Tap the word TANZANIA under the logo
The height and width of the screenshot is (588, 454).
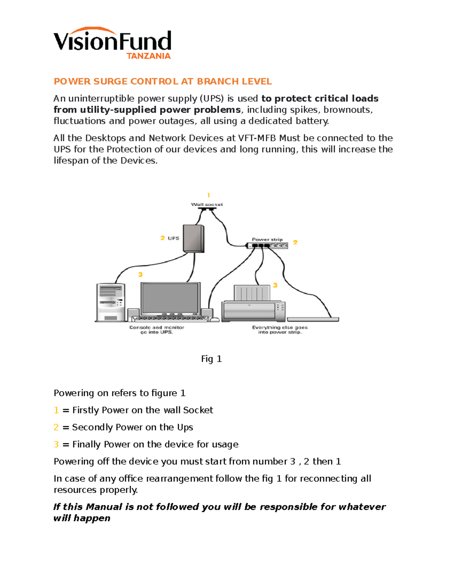[148, 56]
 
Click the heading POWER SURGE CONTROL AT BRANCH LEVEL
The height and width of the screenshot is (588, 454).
[163, 81]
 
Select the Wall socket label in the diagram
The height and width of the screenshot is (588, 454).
[207, 204]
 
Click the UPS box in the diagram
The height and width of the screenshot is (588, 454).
[193, 239]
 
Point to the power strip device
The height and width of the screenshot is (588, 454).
[267, 246]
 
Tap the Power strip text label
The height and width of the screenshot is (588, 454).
[267, 239]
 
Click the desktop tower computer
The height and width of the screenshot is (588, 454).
[110, 302]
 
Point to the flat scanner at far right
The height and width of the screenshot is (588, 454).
[313, 320]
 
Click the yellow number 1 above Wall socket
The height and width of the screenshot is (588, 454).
[208, 195]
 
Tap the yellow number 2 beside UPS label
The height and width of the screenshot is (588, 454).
[162, 238]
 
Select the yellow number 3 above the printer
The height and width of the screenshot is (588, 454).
[275, 285]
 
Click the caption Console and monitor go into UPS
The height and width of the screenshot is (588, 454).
[157, 330]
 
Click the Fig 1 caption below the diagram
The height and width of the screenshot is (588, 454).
[211, 359]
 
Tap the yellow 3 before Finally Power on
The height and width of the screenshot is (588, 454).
[56, 444]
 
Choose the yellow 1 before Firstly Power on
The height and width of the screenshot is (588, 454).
[56, 410]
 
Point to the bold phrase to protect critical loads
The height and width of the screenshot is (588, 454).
[320, 98]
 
